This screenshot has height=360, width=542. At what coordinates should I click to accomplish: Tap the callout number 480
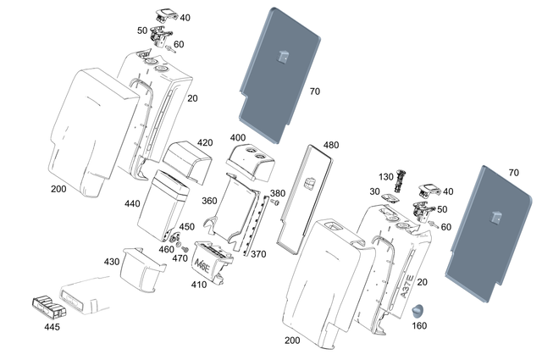[x=330, y=145]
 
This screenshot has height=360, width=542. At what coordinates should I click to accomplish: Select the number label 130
[x=386, y=176]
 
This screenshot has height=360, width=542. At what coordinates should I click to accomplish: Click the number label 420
[x=205, y=142]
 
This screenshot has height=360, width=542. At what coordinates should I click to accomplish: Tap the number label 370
[x=258, y=254]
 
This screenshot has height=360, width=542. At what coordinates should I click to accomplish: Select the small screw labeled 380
[x=276, y=203]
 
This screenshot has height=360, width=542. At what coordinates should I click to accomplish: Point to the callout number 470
[x=180, y=258]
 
